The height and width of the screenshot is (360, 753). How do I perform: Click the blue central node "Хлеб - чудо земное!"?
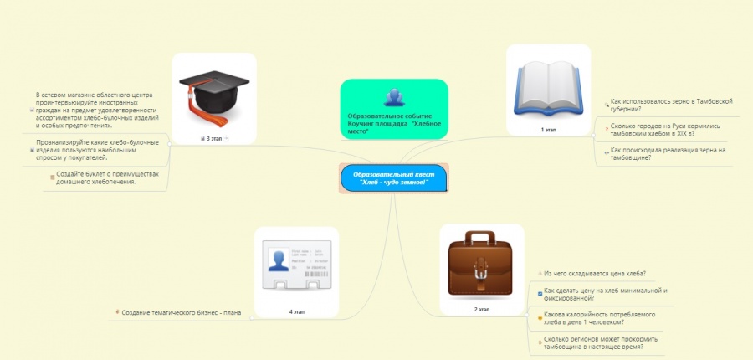tap(393, 178)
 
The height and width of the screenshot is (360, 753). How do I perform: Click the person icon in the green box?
tap(392, 97)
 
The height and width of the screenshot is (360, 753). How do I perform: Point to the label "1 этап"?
tap(548, 131)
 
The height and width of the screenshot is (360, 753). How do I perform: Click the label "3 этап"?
tap(213, 137)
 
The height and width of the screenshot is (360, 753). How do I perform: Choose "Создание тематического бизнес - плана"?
tap(181, 312)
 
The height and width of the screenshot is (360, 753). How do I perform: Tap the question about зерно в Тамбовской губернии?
tap(666, 104)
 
